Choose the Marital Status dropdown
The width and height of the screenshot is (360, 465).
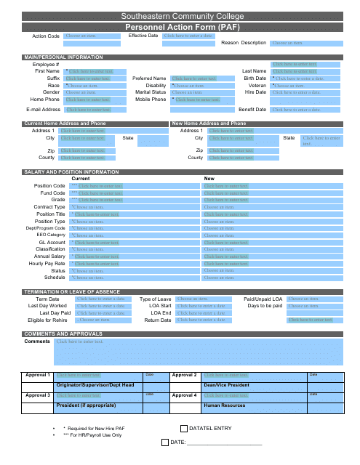coord(194,92)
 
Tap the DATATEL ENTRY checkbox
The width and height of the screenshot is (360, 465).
coord(183,429)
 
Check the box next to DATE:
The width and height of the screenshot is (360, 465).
coord(164,442)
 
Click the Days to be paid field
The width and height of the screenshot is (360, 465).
coord(313,306)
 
